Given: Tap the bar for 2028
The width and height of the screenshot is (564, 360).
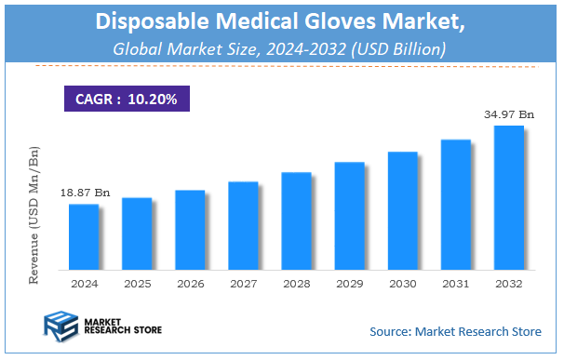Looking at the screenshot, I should [296, 220].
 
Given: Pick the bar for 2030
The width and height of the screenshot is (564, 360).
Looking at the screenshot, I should [402, 210].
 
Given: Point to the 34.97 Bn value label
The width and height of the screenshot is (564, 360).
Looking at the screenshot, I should [509, 114].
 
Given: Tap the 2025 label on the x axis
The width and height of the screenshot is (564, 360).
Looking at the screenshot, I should [137, 283].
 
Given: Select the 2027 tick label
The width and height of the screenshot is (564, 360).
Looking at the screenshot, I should [243, 283].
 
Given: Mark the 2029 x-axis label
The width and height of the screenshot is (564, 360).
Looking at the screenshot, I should [349, 283].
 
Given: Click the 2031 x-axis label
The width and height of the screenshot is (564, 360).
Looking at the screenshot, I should [455, 283].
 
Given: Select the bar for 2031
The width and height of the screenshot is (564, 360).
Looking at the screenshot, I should [455, 204].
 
